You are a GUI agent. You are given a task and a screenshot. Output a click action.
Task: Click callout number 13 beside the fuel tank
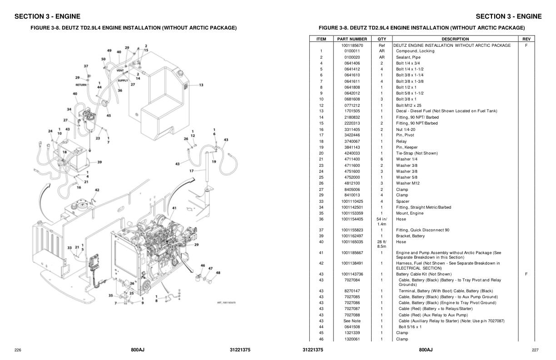201,85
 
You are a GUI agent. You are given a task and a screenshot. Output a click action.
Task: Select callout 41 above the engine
174,208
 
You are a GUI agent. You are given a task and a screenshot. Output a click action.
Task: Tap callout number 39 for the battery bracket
99,162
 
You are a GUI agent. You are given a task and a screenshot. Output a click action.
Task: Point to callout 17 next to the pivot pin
191,171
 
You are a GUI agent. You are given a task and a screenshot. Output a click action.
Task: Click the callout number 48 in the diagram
218,273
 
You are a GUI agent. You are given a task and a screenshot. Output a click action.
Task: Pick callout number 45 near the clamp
109,115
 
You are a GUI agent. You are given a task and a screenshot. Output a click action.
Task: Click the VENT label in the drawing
120,70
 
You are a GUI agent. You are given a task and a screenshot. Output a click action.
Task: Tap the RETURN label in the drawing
81,85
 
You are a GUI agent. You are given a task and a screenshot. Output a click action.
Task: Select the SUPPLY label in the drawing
123,80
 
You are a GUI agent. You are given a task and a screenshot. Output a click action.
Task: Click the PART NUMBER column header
352,39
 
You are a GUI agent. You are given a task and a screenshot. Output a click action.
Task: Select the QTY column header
382,39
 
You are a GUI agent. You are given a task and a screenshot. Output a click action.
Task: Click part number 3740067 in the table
352,141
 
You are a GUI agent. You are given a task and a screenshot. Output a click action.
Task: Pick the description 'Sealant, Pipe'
408,57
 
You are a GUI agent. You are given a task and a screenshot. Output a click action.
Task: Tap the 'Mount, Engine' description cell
409,213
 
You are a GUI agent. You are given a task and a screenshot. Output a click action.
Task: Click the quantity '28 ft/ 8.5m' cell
382,244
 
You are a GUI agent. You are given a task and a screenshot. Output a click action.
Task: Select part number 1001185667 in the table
352,253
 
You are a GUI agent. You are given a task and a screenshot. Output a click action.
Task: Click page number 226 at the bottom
18,350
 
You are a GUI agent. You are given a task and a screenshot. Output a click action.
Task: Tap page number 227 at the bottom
536,350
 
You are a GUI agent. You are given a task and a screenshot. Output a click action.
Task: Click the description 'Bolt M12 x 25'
408,105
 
